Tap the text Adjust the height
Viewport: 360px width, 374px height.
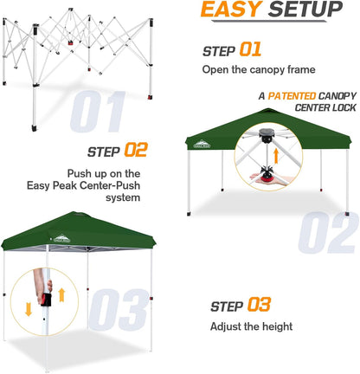[x=252, y=326]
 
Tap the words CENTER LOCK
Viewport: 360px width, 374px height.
[x=311, y=109]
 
